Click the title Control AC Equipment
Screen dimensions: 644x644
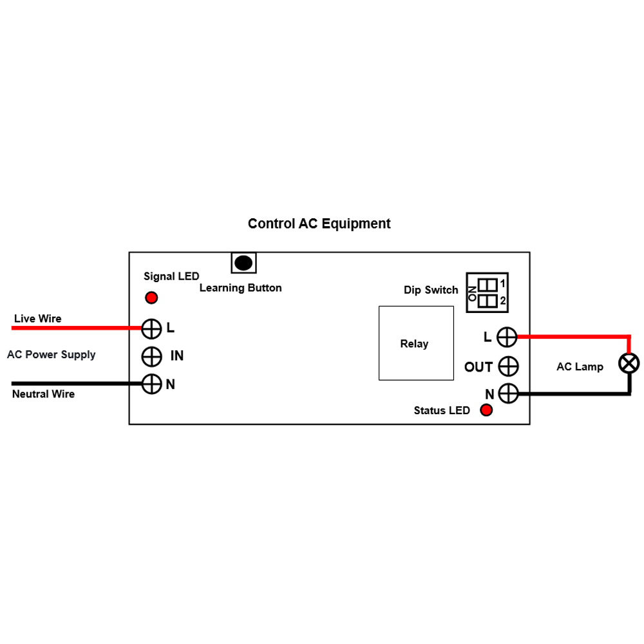coord(319,224)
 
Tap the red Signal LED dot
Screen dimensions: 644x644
coord(151,298)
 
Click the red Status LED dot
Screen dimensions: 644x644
coord(486,410)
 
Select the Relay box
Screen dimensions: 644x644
coord(414,343)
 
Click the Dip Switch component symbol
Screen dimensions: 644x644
coord(488,292)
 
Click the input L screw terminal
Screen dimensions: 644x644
coord(151,328)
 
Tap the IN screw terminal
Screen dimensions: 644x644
coord(151,355)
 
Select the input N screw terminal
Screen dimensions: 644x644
coord(151,384)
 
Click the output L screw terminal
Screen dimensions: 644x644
coord(508,336)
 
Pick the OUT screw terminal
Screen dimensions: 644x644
coord(508,366)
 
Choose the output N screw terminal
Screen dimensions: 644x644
coord(508,393)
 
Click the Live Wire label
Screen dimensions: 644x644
coord(37,319)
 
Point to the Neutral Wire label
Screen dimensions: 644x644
coord(43,394)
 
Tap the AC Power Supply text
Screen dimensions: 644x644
coord(51,355)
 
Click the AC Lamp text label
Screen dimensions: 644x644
coord(580,367)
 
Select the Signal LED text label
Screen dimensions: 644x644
coord(171,276)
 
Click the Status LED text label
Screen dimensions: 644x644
coord(442,411)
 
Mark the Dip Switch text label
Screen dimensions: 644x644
coord(431,290)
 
